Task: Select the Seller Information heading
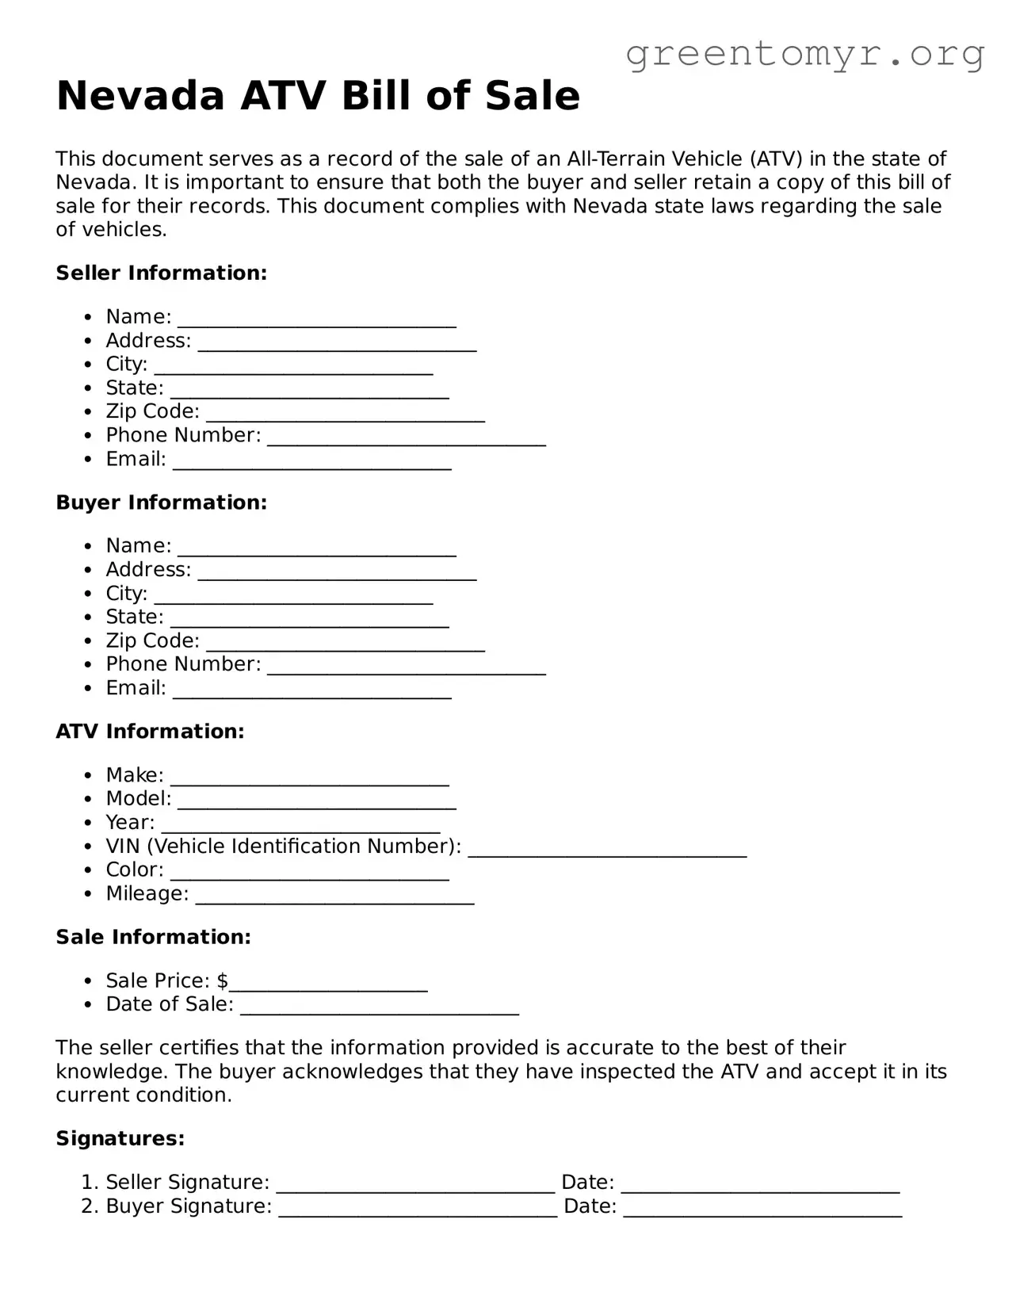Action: [162, 273]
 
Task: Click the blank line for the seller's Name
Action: [317, 321]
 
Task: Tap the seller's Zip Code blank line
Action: [346, 416]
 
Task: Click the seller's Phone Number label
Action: [183, 435]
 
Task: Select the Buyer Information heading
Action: [162, 503]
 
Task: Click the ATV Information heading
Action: [150, 732]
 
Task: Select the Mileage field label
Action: [147, 894]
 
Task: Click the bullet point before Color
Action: [90, 871]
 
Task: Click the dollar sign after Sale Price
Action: [222, 981]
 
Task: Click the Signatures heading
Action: [120, 1139]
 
